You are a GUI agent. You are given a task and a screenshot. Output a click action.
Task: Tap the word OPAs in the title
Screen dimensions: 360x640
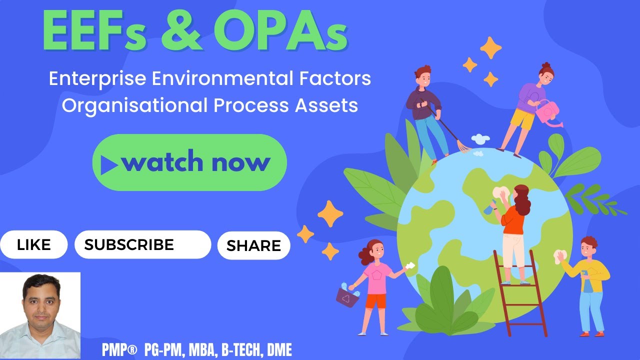pyautogui.click(x=280, y=31)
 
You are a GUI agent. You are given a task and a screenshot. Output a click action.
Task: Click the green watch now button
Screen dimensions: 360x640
pyautogui.click(x=189, y=162)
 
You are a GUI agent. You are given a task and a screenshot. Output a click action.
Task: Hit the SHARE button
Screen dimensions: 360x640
pyautogui.click(x=253, y=245)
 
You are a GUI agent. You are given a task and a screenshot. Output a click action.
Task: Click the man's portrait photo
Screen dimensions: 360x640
pyautogui.click(x=40, y=315)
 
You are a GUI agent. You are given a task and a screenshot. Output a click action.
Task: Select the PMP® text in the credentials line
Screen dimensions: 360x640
pyautogui.click(x=119, y=350)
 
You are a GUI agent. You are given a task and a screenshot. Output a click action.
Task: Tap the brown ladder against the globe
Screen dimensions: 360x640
pyautogui.click(x=520, y=295)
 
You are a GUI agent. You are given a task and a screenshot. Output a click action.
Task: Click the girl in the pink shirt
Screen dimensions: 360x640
pyautogui.click(x=375, y=285)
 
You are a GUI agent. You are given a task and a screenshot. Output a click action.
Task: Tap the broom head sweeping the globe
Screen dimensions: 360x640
pyautogui.click(x=464, y=146)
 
